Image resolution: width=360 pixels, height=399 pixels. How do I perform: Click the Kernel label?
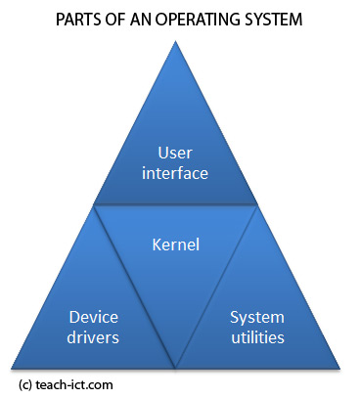[177, 244]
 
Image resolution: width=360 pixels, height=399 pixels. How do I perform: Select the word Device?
[94, 318]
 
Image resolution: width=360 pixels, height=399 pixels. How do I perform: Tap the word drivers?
[94, 337]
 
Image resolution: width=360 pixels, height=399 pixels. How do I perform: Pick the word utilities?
[257, 337]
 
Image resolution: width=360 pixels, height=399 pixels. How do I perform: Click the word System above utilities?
[256, 318]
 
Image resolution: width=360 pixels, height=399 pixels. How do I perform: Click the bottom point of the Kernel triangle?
[177, 369]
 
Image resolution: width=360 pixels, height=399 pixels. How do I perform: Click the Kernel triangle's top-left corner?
[94, 205]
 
